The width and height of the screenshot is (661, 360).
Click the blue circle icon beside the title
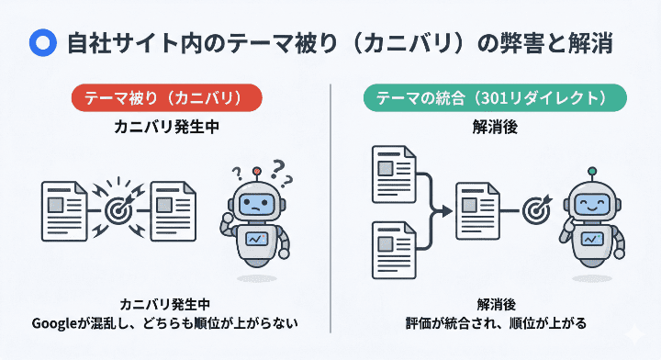point(40,42)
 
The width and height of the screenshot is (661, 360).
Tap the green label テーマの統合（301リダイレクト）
point(496,97)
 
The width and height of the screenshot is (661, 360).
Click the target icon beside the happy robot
point(536,209)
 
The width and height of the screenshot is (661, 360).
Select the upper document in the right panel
point(392,174)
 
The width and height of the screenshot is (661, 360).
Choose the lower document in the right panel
point(392,248)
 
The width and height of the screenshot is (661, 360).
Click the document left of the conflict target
point(64,208)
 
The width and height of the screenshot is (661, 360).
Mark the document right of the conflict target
point(174,208)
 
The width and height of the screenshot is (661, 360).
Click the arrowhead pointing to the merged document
point(449,210)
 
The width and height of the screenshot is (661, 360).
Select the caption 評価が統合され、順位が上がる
point(496,323)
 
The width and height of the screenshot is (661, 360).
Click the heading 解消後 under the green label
point(497,128)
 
